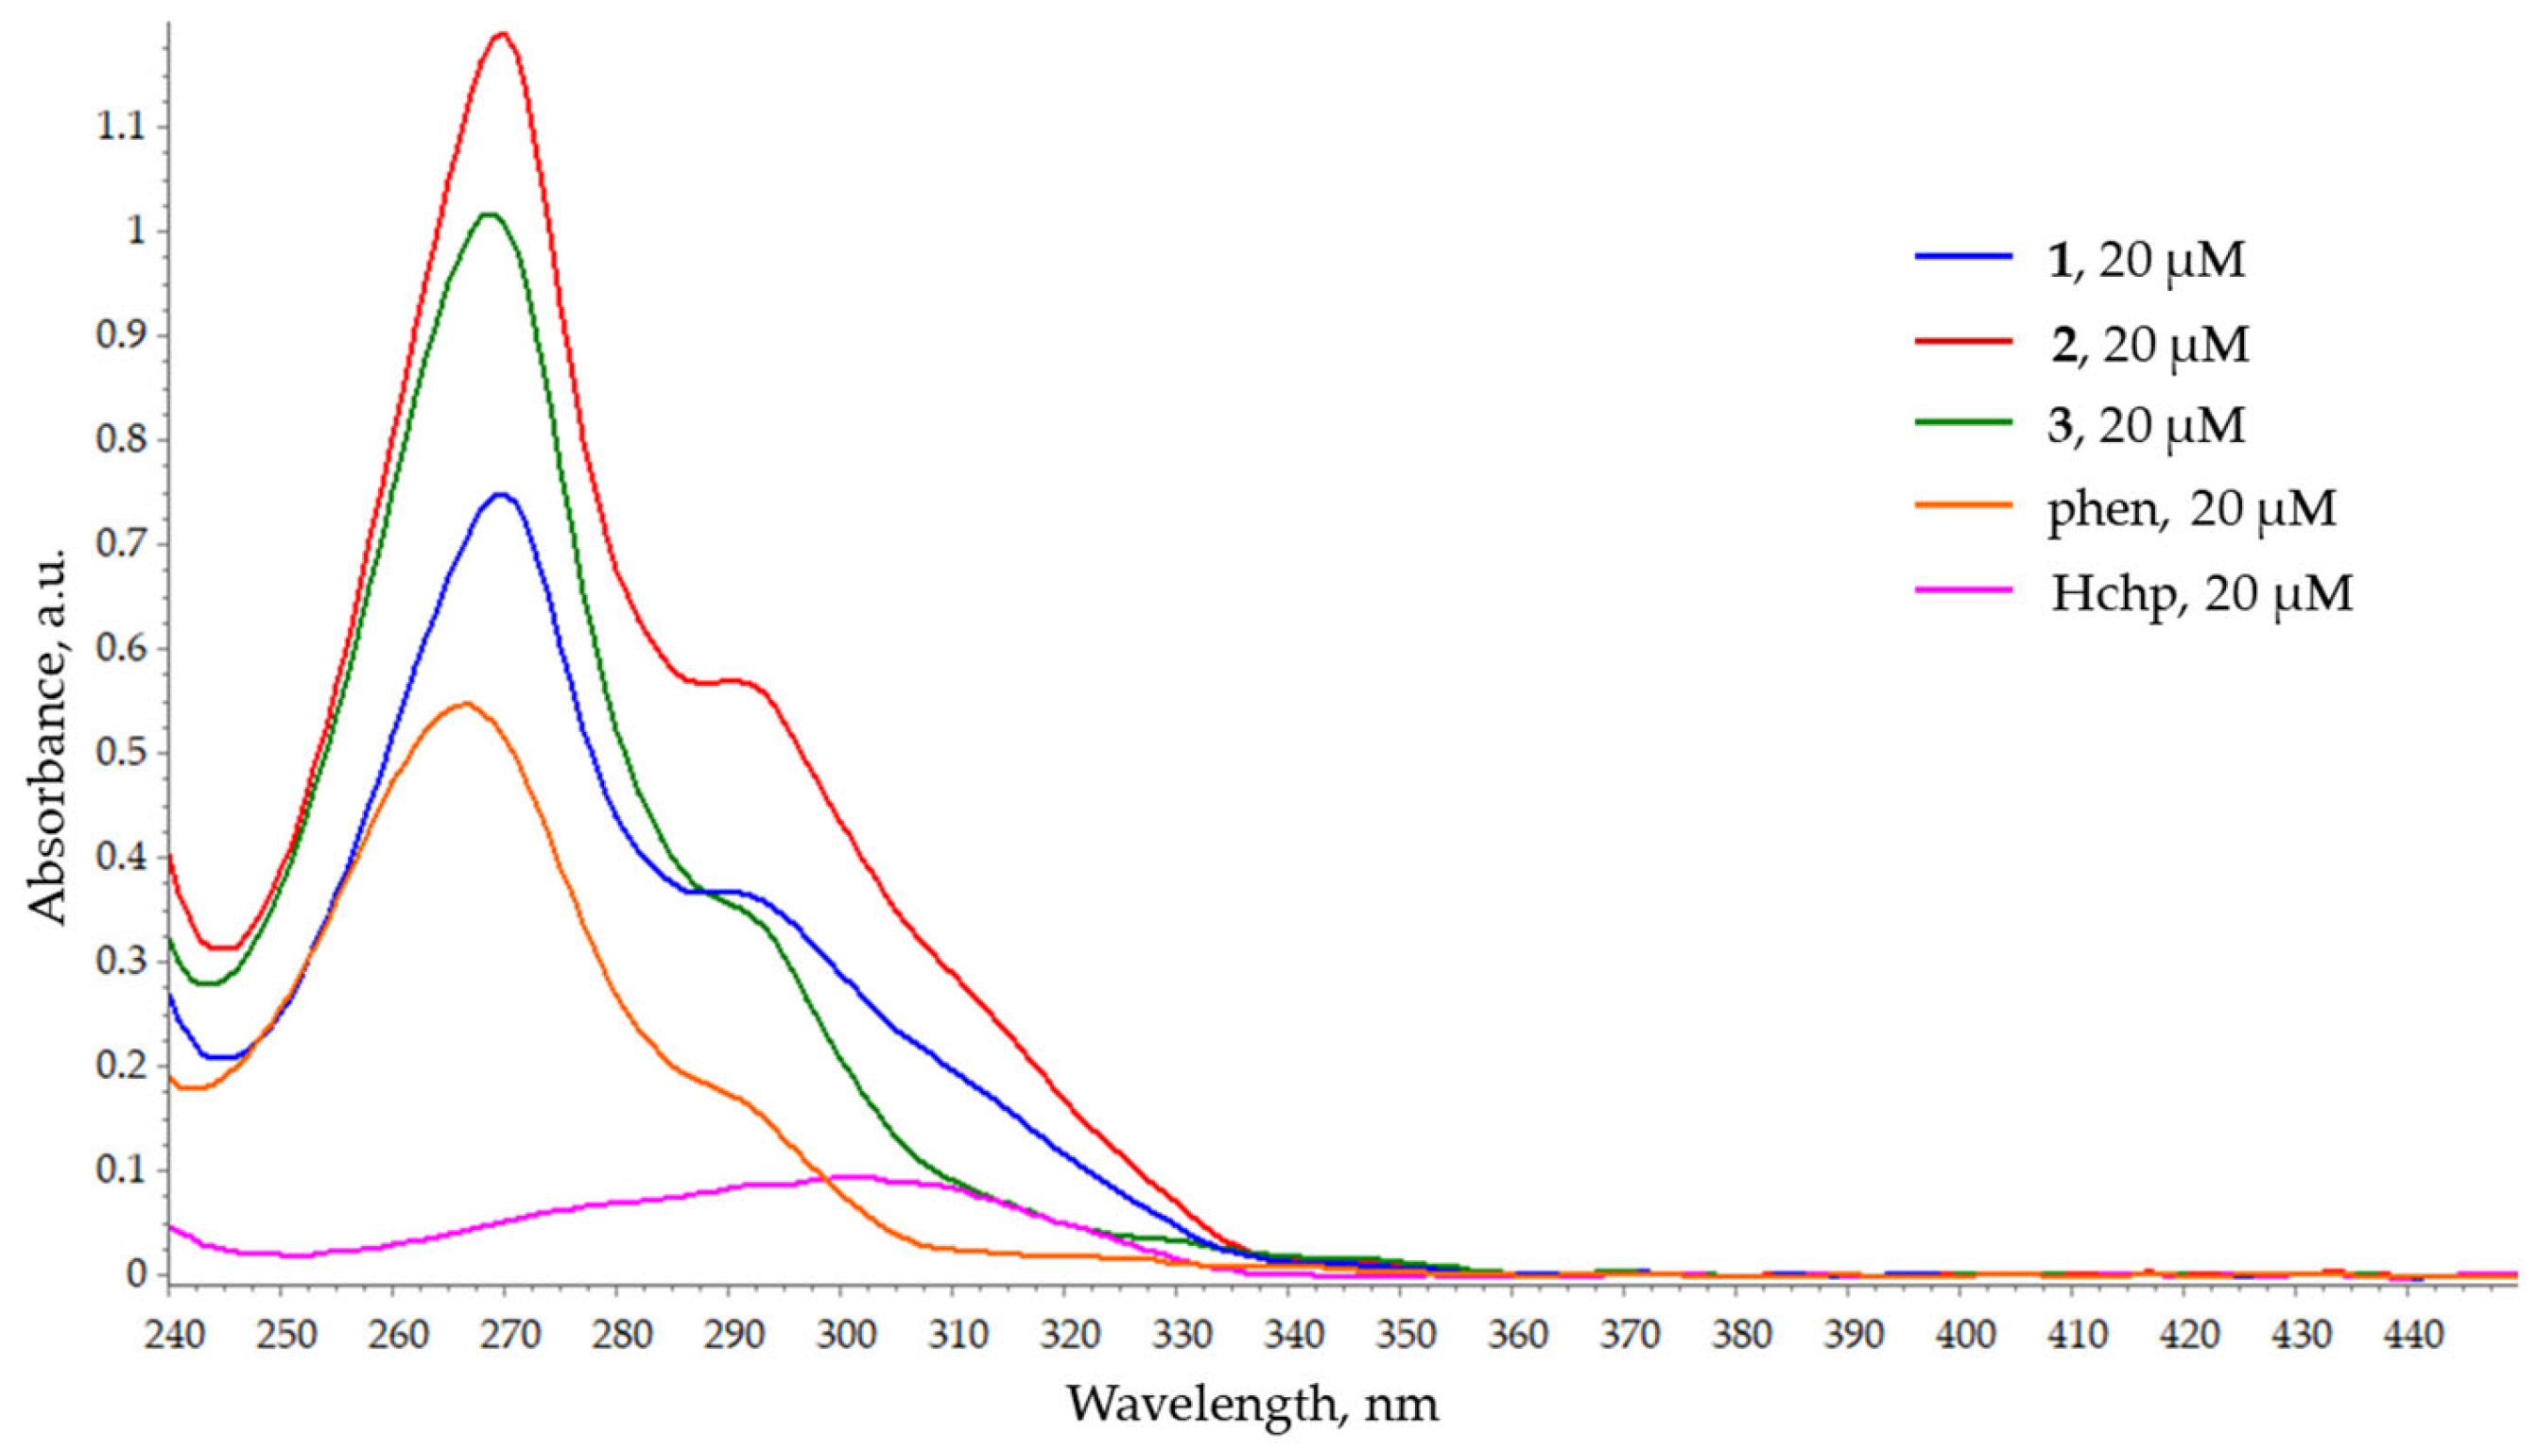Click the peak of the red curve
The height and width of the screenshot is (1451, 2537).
[504, 34]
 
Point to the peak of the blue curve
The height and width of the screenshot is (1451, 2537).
[501, 494]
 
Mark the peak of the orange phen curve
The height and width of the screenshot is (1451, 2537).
[464, 704]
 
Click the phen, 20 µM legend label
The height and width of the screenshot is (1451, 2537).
[2190, 508]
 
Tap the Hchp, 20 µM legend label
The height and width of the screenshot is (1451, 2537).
[2200, 592]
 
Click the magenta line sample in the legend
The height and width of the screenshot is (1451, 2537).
[1961, 590]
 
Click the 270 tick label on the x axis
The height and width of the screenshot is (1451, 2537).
[504, 1335]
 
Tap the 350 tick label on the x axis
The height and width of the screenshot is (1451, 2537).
[1399, 1335]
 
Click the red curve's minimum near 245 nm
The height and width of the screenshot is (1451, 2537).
[224, 947]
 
